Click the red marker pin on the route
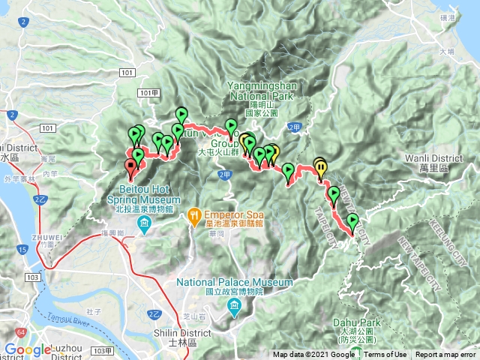[130, 168]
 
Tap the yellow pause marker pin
[321, 166]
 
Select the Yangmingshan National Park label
[264, 91]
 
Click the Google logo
[28, 349]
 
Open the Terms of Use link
[385, 355]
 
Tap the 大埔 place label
[447, 52]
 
